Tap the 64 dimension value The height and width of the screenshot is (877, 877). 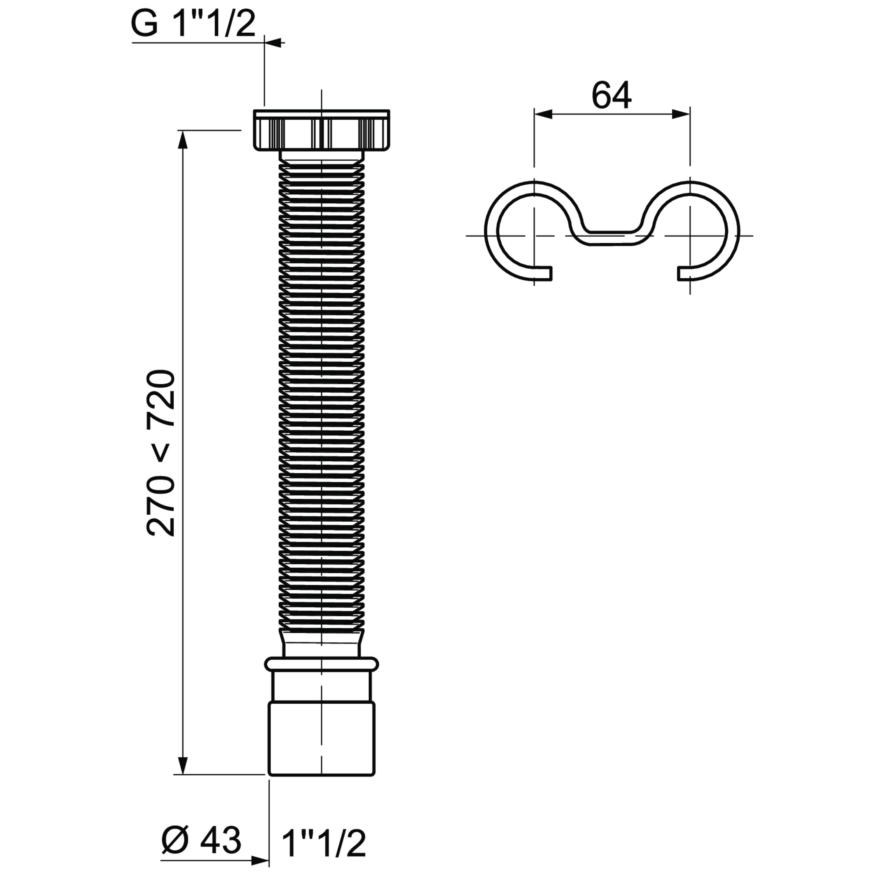coord(612,96)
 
